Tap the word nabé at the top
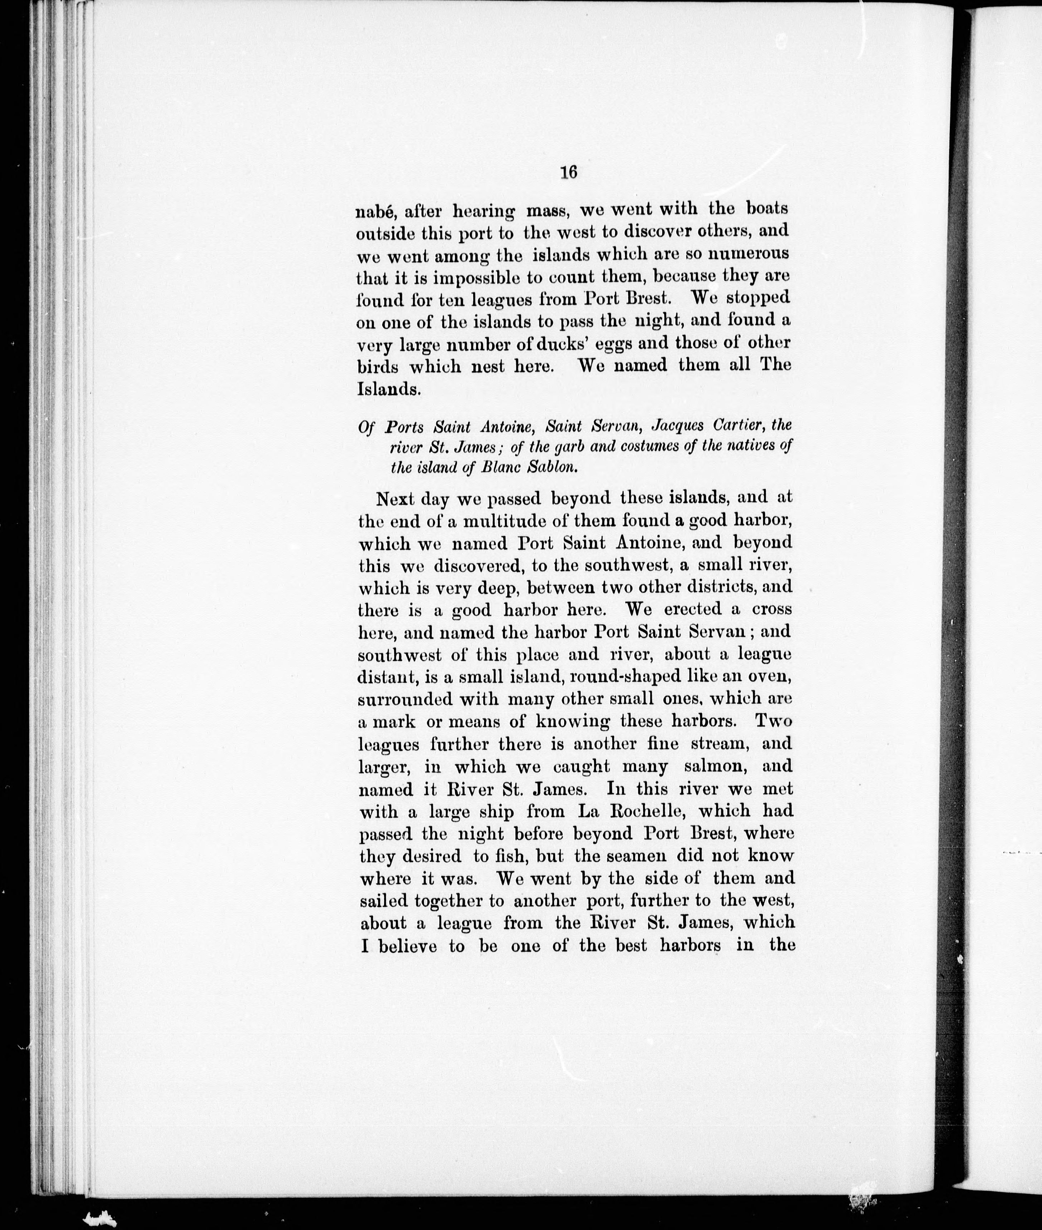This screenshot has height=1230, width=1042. pos(375,211)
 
